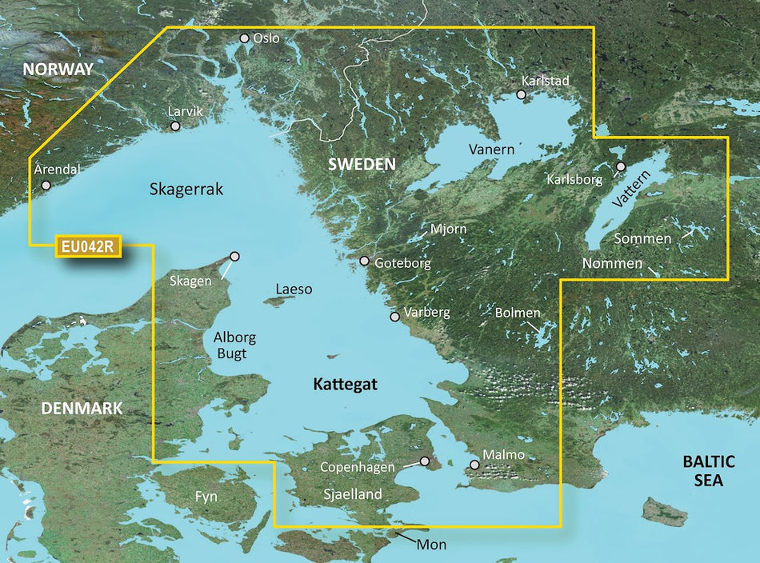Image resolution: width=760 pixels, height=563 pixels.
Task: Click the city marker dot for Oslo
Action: (x=245, y=38)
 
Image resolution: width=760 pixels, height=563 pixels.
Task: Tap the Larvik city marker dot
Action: (x=175, y=126)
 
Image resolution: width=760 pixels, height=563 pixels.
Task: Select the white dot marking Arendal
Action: (x=46, y=185)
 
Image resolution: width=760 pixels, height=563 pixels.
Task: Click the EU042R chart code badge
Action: (x=88, y=246)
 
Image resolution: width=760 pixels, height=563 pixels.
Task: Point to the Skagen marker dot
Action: (x=234, y=257)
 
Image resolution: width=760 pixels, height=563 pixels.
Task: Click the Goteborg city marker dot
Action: (x=365, y=261)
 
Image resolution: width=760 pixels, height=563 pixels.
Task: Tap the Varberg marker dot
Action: (x=394, y=317)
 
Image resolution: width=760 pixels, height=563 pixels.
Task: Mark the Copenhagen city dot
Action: (x=425, y=461)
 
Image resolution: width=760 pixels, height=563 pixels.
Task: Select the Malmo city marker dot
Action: (x=474, y=465)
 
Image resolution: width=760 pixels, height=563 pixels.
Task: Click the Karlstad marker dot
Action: (x=521, y=94)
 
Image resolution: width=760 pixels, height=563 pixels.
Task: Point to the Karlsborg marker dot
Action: (x=620, y=167)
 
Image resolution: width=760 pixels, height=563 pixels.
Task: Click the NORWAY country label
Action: (x=58, y=70)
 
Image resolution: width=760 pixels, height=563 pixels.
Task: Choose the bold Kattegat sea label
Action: (x=345, y=385)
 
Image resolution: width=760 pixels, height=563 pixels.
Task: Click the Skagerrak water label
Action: (x=186, y=190)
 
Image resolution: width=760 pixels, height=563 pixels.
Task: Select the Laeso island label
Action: (x=294, y=289)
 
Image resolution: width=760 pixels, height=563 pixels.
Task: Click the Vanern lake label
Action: (x=491, y=150)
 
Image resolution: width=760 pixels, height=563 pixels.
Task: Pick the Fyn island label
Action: (x=206, y=497)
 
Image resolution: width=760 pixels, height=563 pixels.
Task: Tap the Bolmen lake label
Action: (x=518, y=313)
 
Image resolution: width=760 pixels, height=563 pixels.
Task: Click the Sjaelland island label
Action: (x=353, y=494)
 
